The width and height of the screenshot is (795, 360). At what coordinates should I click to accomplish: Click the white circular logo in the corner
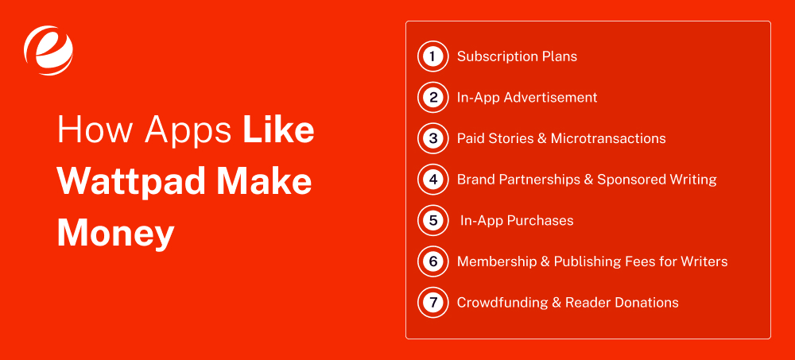pyautogui.click(x=48, y=48)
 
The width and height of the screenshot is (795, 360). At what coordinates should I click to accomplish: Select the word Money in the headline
pyautogui.click(x=115, y=233)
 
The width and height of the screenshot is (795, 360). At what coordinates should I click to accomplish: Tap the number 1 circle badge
pyautogui.click(x=432, y=56)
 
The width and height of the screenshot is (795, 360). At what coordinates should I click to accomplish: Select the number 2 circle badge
pyautogui.click(x=432, y=98)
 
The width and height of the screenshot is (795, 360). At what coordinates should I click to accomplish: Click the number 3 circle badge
pyautogui.click(x=432, y=138)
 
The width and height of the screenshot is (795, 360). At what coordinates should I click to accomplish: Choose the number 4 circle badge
pyautogui.click(x=432, y=180)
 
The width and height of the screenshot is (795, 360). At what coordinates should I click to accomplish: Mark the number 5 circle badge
pyautogui.click(x=432, y=220)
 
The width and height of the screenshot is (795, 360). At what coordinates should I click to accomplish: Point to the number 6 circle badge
pyautogui.click(x=432, y=261)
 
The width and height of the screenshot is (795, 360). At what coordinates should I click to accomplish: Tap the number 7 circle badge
pyautogui.click(x=432, y=302)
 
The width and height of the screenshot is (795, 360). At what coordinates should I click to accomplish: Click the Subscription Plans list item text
pyautogui.click(x=517, y=56)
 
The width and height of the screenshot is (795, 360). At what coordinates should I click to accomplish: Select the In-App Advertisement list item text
pyautogui.click(x=527, y=98)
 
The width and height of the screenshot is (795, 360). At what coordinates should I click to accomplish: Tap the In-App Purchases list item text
pyautogui.click(x=517, y=220)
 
